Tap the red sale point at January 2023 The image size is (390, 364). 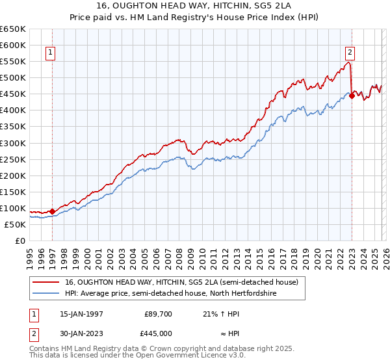pyautogui.click(x=352, y=96)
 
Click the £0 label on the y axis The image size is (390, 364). pyautogui.click(x=19, y=240)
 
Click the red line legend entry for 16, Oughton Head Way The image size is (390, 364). pyautogui.click(x=181, y=282)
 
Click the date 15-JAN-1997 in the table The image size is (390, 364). pyautogui.click(x=81, y=313)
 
